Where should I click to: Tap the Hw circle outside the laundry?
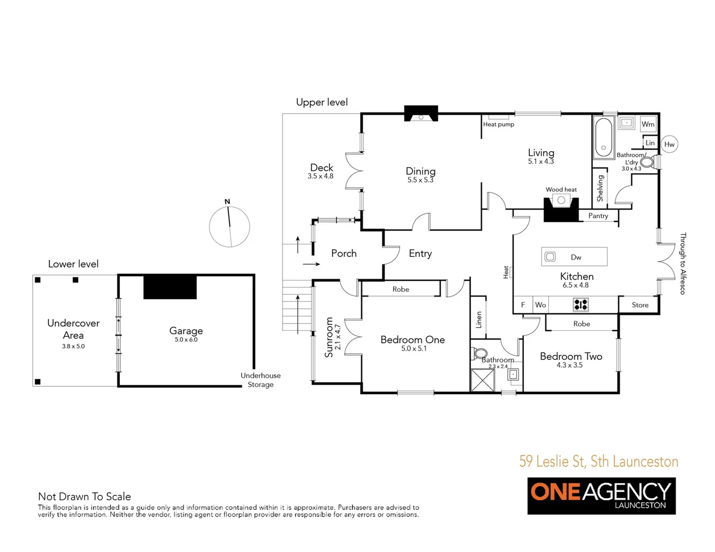pos(669,145)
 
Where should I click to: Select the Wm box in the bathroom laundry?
pos(648,124)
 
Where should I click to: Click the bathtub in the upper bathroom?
pos(603,137)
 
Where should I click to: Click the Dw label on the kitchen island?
pos(576,257)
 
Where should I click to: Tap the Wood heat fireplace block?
pos(561,209)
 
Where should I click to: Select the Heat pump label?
pos(499,124)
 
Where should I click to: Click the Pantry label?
pos(598,216)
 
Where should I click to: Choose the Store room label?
pos(640,305)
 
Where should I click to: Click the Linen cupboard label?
pos(479,320)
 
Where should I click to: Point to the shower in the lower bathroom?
pos(483,380)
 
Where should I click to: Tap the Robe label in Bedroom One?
pos(401,289)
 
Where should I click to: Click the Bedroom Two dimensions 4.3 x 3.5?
pos(570,365)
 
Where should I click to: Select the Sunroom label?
pos(329,337)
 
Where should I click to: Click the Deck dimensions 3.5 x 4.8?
pos(320,176)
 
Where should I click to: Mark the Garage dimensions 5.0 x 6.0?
pos(186,340)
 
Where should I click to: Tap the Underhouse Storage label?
pos(261,380)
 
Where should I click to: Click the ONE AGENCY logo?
pos(601,495)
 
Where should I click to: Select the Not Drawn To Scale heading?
pos(84,496)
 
